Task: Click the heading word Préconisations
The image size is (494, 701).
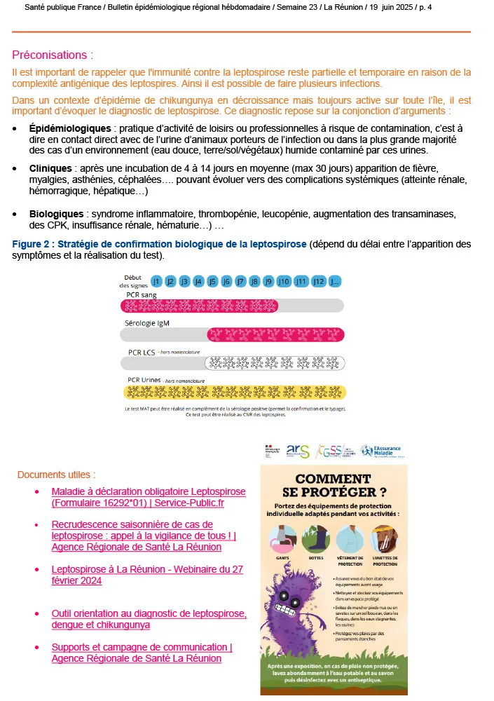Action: pyautogui.click(x=51, y=55)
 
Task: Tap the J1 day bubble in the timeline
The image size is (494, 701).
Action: pyautogui.click(x=156, y=281)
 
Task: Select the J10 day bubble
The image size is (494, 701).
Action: pyautogui.click(x=284, y=281)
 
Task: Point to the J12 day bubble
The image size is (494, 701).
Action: pyautogui.click(x=319, y=281)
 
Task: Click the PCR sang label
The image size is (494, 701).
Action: pyautogui.click(x=142, y=295)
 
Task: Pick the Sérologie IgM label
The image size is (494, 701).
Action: pyautogui.click(x=147, y=323)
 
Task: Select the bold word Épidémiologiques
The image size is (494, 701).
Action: pyautogui.click(x=70, y=129)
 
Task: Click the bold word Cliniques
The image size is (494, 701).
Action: pyautogui.click(x=50, y=169)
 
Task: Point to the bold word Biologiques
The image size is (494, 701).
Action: pyautogui.click(x=57, y=213)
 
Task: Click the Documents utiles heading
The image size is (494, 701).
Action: pyautogui.click(x=56, y=475)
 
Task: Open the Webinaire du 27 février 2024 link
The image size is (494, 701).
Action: pyautogui.click(x=147, y=575)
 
